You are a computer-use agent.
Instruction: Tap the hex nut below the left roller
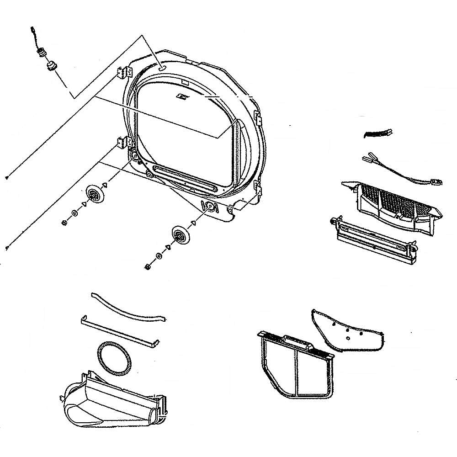(64, 222)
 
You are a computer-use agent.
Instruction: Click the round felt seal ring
(115, 357)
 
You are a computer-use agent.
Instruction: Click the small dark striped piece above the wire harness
(377, 133)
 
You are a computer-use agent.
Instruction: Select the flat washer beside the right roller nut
(158, 256)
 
